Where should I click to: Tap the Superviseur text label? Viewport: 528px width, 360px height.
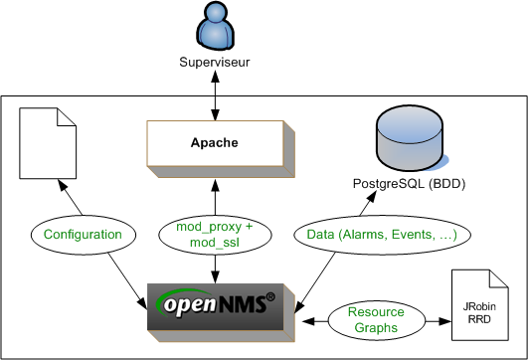coord(215,63)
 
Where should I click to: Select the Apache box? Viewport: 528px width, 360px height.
coord(221,148)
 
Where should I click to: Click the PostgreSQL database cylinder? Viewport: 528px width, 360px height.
coord(412,139)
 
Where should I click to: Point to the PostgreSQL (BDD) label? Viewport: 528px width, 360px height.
coord(409,184)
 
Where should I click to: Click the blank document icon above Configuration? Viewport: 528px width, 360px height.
coord(48,143)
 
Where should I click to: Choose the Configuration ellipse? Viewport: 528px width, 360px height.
coord(84,235)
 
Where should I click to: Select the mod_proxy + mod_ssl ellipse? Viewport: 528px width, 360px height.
coord(215,235)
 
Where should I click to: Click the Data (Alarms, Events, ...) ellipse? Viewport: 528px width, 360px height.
coord(382,235)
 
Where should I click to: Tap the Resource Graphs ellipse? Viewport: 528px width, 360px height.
coord(377,320)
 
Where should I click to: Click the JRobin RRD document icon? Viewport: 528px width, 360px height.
coord(479,305)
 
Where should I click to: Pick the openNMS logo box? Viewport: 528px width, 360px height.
coord(221,312)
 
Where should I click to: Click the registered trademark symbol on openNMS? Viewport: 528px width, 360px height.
coord(270,296)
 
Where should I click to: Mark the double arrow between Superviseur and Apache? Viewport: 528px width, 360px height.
coord(215,95)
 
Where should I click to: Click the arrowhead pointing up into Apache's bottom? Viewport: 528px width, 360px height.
coord(215,185)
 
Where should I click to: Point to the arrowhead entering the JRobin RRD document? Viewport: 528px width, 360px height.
coord(444,321)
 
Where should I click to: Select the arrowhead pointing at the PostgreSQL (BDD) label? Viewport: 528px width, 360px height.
coord(371,197)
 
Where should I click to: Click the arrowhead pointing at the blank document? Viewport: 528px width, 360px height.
coord(63,185)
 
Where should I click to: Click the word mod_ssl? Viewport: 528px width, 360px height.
coord(215,243)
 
